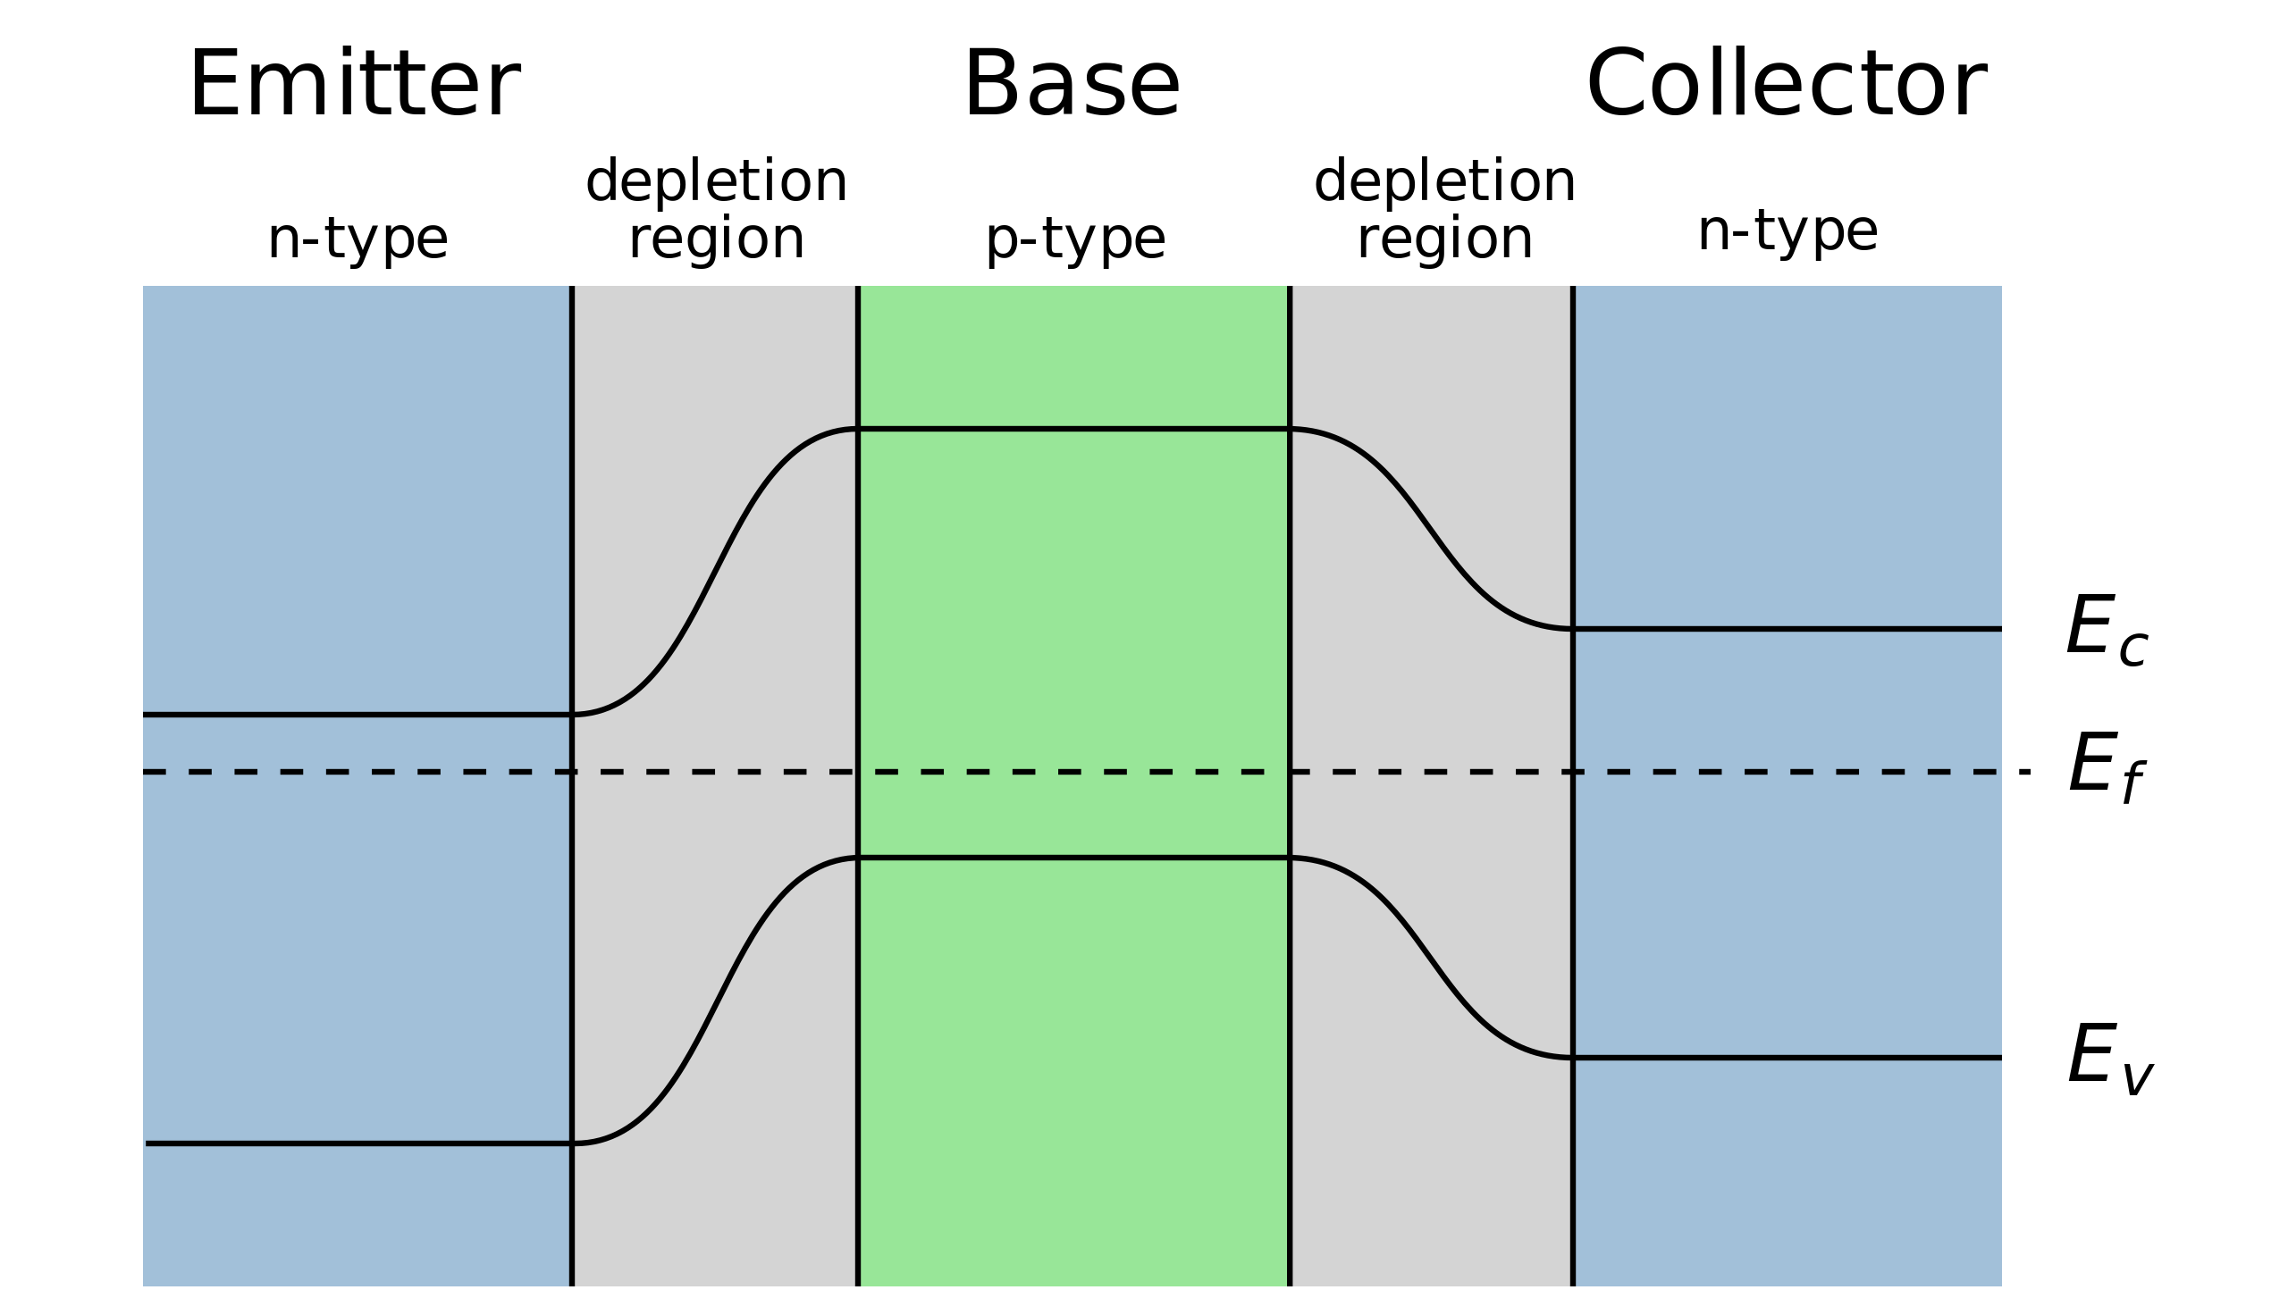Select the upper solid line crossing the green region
1073,429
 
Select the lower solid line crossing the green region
1073,857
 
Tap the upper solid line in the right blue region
1788,628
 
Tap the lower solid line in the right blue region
1788,1057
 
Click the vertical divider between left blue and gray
572,542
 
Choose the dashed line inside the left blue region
339,772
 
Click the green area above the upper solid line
1073,356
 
